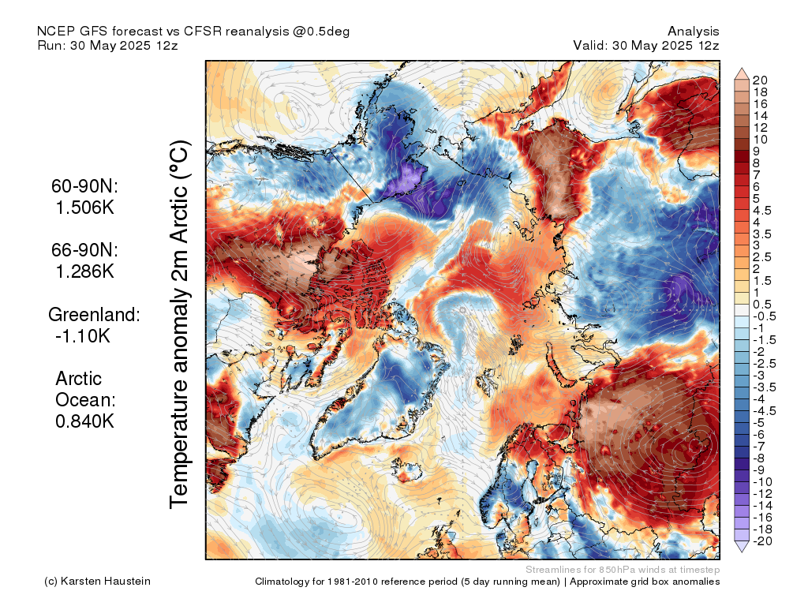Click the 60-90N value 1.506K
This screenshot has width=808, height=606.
click(x=85, y=208)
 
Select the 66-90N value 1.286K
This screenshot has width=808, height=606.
click(x=85, y=271)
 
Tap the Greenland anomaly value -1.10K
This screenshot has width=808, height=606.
click(x=82, y=336)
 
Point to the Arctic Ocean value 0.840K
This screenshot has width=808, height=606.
click(x=85, y=421)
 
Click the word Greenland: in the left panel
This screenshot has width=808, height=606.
click(x=95, y=314)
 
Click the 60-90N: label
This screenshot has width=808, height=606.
click(x=84, y=186)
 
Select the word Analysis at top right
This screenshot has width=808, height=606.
click(x=693, y=32)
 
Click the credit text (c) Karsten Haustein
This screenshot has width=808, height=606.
click(x=97, y=582)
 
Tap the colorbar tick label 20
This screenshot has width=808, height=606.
click(x=760, y=80)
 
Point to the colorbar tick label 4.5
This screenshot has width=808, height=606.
click(x=762, y=211)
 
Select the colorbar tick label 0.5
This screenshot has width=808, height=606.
click(x=762, y=305)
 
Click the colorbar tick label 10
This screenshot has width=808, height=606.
click(x=760, y=140)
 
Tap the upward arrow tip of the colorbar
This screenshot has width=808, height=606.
click(x=741, y=68)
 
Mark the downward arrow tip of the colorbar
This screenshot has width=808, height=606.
click(x=741, y=552)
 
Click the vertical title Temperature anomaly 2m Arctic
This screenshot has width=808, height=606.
click(x=180, y=324)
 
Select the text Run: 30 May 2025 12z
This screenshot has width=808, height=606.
click(x=107, y=45)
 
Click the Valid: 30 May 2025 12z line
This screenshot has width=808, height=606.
click(x=646, y=45)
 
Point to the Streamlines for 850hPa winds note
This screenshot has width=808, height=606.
click(x=623, y=570)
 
